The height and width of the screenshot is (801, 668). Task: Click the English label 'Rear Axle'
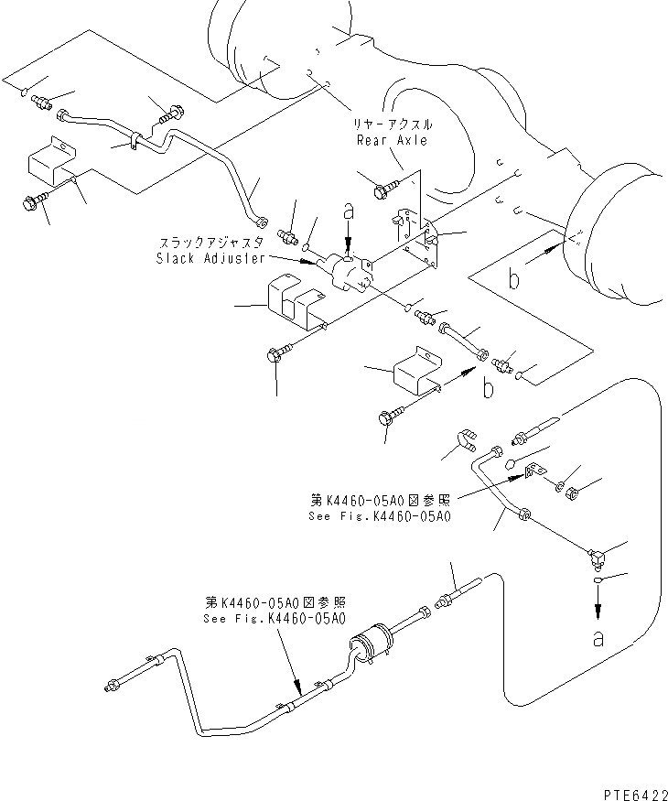click(x=392, y=140)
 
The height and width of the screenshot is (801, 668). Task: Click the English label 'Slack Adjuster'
click(x=210, y=258)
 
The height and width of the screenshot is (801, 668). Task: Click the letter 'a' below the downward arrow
click(x=598, y=639)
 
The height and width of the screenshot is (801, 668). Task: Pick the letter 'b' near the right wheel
click(x=516, y=278)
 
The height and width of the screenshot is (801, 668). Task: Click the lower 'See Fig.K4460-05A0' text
click(x=275, y=618)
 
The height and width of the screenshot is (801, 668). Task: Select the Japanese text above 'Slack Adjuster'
click(x=211, y=243)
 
